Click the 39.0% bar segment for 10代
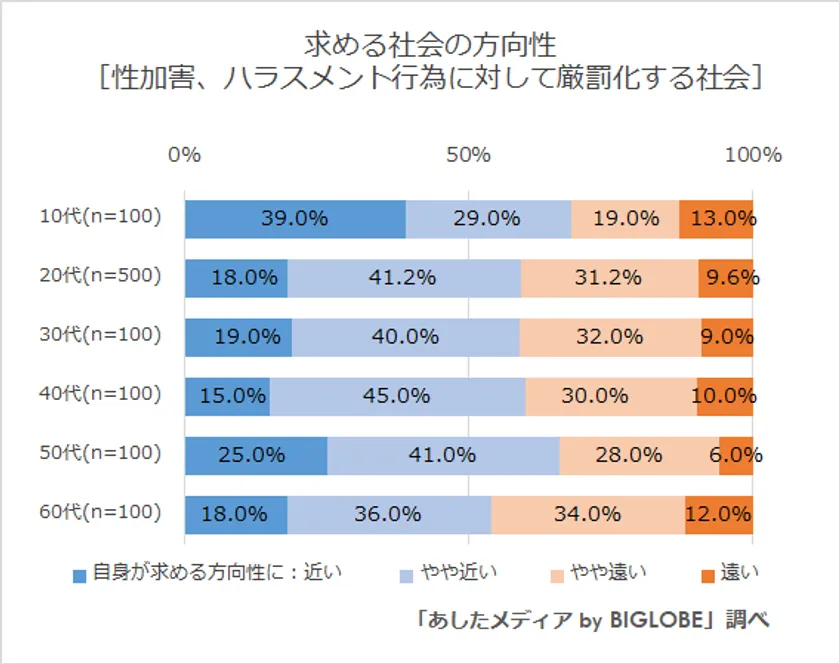tap(295, 219)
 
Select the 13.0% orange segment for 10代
tap(716, 219)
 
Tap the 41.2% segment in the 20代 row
tap(404, 278)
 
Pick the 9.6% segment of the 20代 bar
tap(726, 278)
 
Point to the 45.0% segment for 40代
tap(397, 396)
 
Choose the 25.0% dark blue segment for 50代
tap(256, 455)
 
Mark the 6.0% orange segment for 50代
tap(736, 455)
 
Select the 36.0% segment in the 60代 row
tap(389, 514)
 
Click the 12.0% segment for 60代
tap(719, 514)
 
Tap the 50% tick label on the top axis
tap(468, 155)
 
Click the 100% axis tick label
tap(752, 155)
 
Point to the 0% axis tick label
tap(185, 155)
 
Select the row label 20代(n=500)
tap(100, 277)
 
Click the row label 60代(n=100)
tap(100, 513)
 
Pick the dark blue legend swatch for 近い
tap(80, 574)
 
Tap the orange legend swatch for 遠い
tap(707, 574)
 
